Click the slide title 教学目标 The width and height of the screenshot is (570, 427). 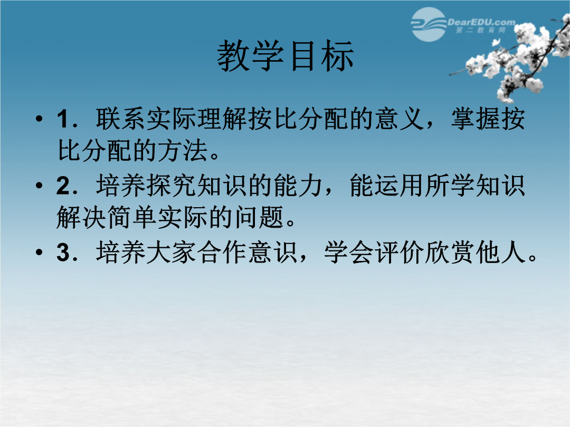coord(286,55)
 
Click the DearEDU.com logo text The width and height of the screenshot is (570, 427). coord(481,22)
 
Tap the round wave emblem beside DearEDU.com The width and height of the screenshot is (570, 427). coord(429,24)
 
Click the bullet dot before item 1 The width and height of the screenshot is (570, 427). coord(39,119)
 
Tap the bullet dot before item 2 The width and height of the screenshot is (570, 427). coord(39,186)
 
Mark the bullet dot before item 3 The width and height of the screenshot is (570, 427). coord(39,252)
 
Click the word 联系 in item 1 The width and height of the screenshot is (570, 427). coord(121,119)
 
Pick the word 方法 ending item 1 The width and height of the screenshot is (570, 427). coord(183,150)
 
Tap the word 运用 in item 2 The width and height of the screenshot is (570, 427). coord(400,186)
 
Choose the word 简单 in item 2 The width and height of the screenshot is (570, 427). coord(132,217)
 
